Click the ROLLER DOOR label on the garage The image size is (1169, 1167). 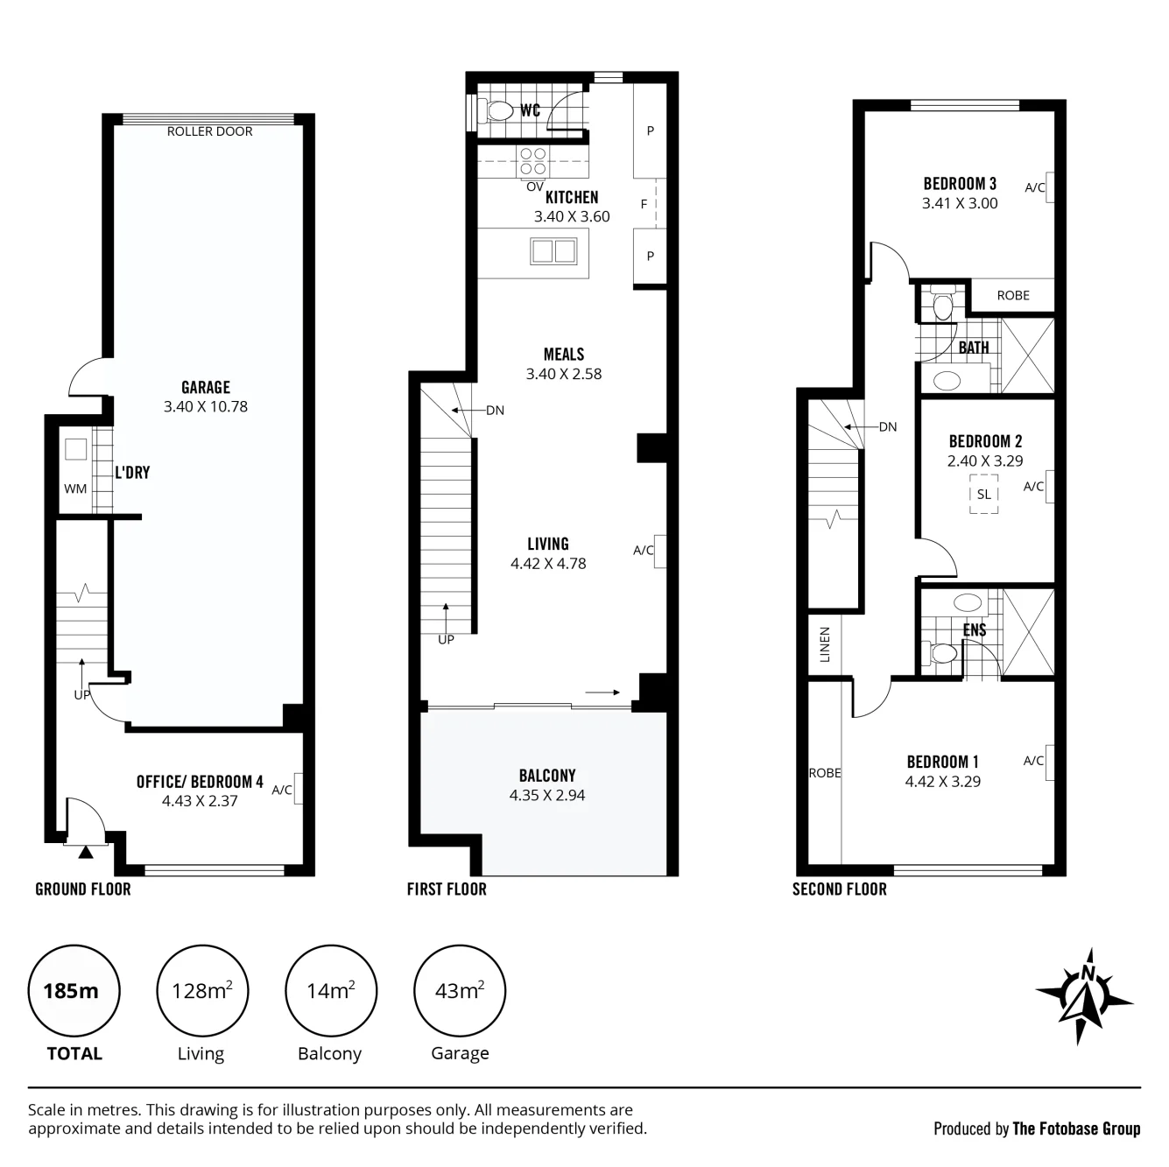[x=209, y=131]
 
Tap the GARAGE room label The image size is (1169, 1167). [x=206, y=387]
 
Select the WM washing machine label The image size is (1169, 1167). [x=75, y=489]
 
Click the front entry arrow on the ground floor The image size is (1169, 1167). [x=86, y=852]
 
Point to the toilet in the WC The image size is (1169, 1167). [x=496, y=111]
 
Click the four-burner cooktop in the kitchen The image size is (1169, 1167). [x=532, y=161]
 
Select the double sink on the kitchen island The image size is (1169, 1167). [x=553, y=251]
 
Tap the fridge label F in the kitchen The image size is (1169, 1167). [x=644, y=204]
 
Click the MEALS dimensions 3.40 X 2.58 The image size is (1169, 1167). [x=564, y=374]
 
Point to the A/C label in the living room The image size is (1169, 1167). [x=643, y=550]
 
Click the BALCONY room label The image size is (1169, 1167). [x=547, y=776]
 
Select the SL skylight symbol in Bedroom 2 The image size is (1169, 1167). [x=983, y=495]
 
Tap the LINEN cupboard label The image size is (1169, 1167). [x=824, y=644]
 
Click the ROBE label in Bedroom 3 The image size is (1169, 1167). [x=1013, y=295]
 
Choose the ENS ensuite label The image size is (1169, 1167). [x=975, y=630]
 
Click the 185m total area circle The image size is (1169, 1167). [x=74, y=991]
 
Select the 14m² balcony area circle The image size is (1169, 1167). [x=331, y=991]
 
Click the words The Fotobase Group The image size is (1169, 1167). [x=1076, y=1128]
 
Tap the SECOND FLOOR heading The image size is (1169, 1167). [x=840, y=889]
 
